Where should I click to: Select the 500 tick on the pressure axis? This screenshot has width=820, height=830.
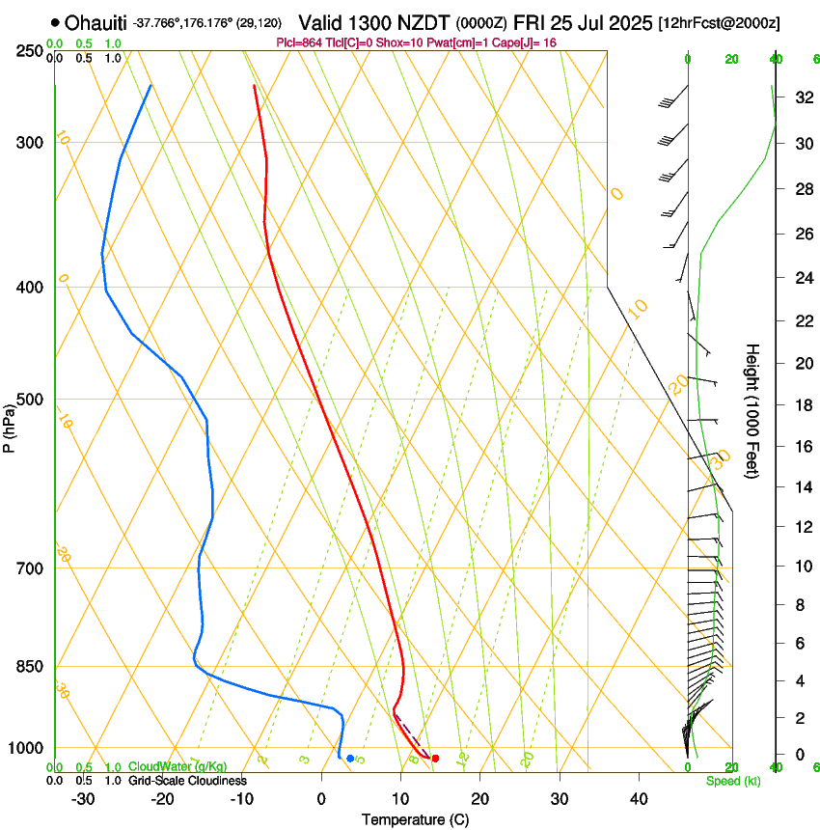coord(31,400)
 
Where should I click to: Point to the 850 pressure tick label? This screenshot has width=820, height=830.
coord(31,667)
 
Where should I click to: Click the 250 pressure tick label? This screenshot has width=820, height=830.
coord(31,50)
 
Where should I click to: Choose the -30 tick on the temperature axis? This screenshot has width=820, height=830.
coord(83,799)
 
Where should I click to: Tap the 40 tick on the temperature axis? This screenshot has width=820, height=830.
coord(638,799)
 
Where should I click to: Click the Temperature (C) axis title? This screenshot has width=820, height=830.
coord(415,819)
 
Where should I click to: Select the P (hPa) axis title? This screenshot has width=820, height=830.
coord(9,422)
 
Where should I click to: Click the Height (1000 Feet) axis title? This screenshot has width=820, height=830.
coord(752,410)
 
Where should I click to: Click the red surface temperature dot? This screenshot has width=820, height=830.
coord(435,759)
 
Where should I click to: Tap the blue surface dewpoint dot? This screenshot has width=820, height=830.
coord(350,759)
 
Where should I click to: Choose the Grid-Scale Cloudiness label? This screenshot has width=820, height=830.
coord(186,780)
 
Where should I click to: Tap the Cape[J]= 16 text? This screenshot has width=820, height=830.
coord(525,42)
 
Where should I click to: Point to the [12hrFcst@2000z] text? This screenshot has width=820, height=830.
coord(720,22)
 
